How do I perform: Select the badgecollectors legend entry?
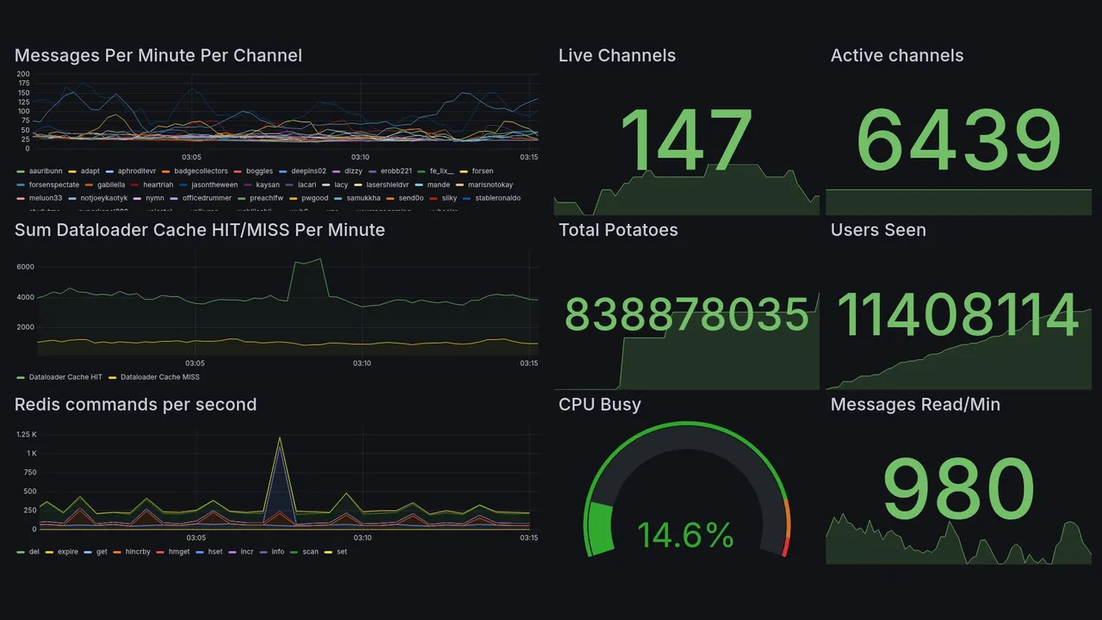coord(201,171)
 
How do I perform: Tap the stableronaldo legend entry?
coord(497,198)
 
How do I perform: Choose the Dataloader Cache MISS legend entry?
coord(159,377)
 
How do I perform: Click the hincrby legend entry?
coord(138,551)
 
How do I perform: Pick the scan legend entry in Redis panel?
coord(310,551)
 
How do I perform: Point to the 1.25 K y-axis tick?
coord(26,434)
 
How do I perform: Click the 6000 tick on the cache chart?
coord(25,267)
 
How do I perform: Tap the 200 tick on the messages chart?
coord(23,74)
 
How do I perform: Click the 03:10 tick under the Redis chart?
coord(362,538)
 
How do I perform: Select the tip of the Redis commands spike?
coord(279,437)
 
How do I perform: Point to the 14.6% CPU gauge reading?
coord(685,536)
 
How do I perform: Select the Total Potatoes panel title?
coord(618,230)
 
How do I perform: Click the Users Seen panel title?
coord(878,230)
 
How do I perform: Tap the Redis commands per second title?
coord(135,405)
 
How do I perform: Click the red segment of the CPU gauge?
coord(784,547)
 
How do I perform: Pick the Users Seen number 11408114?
coord(958,315)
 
